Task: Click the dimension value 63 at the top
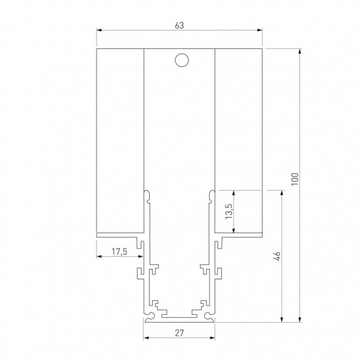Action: [x=179, y=25]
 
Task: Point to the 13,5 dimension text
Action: [x=229, y=211]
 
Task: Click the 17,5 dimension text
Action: [x=119, y=251]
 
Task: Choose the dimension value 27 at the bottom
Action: [x=179, y=333]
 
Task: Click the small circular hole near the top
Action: [x=180, y=60]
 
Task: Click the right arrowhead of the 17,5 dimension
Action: [x=141, y=256]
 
